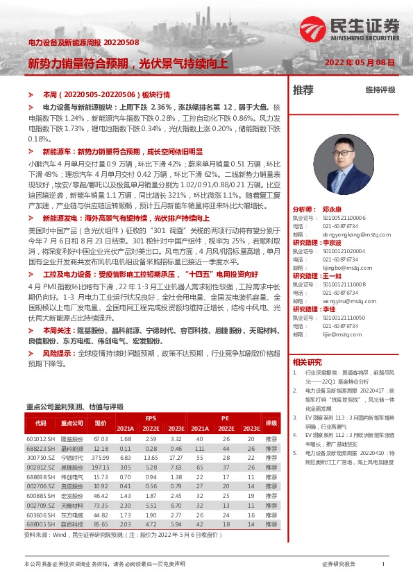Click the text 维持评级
pos(380,90)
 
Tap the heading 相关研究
pos(307,362)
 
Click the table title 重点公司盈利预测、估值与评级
pos(74,406)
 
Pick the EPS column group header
pos(151,418)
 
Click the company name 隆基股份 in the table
pos(72,439)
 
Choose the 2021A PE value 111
pos(199,449)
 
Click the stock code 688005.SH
pos(40,525)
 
